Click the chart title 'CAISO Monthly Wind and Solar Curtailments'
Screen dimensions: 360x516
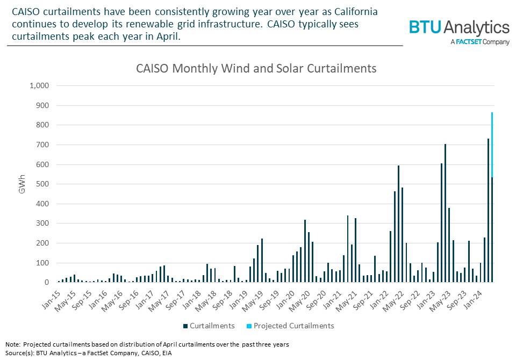256,69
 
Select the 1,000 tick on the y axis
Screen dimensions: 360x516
39,86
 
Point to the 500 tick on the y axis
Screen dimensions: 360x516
42,184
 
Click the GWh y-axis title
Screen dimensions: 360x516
22,184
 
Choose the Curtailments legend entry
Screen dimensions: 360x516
209,326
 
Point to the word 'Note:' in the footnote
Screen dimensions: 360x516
13,344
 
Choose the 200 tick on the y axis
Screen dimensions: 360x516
42,243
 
